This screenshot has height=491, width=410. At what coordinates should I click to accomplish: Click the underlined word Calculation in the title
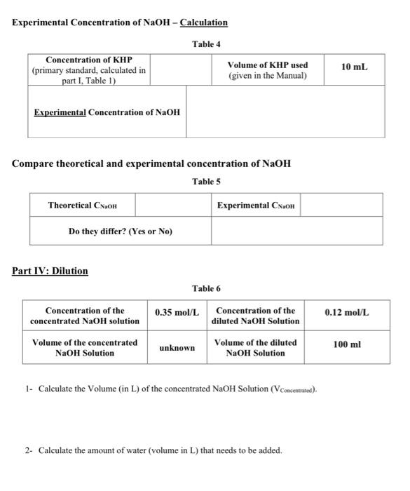pos(203,22)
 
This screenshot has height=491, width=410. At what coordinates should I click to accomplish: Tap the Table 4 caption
pos(206,44)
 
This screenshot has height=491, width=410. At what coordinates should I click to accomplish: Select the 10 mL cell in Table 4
pos(354,67)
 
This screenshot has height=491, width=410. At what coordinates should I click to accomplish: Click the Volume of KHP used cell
pos(268,70)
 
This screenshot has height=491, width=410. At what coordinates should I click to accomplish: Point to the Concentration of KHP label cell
pos(88,70)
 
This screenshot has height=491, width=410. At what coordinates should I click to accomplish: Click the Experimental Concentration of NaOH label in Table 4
pos(107,112)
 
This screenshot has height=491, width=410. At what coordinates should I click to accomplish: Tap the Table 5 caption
pos(206,182)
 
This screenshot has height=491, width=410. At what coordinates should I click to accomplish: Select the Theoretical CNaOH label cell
pos(82,206)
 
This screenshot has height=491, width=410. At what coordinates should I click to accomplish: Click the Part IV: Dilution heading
pos(50,271)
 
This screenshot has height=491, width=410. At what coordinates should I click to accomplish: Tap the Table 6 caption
pos(206,289)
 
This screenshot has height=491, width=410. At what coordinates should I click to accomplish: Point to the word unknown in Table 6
pos(177,348)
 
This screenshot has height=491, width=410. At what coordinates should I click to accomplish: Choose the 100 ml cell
pos(347,344)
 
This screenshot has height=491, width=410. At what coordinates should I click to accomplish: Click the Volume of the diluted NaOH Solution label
pos(255,348)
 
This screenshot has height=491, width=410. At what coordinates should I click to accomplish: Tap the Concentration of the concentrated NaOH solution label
pos(85,316)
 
